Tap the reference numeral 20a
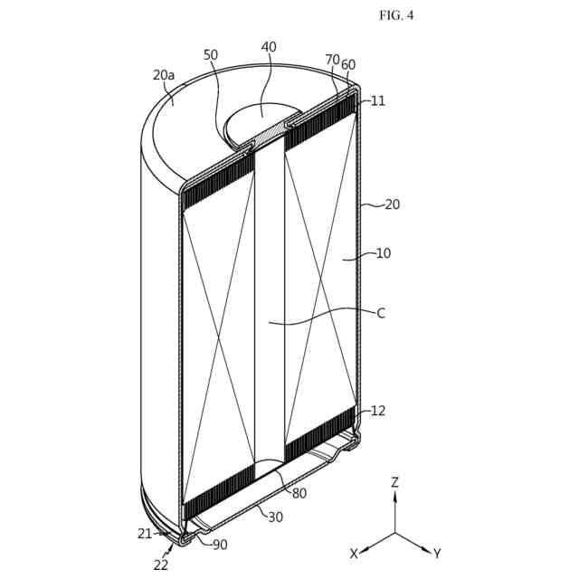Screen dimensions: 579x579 click(x=164, y=76)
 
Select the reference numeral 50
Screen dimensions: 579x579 click(x=211, y=55)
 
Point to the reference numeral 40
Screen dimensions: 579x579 click(x=269, y=47)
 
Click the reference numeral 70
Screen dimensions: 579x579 click(x=332, y=60)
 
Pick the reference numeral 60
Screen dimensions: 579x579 click(x=348, y=64)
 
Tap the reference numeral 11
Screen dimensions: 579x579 click(x=378, y=101)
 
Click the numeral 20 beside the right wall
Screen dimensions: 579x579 click(x=392, y=204)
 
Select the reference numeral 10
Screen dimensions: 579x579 click(x=384, y=253)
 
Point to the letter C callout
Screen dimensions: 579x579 click(x=381, y=313)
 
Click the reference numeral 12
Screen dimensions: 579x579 click(x=378, y=411)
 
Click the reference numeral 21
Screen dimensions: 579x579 click(x=146, y=534)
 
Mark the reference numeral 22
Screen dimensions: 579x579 click(x=162, y=565)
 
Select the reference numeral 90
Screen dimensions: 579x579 click(x=220, y=545)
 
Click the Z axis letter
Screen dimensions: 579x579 click(x=394, y=483)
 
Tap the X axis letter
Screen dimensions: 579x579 click(x=355, y=553)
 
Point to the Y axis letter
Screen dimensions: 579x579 click(x=437, y=553)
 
